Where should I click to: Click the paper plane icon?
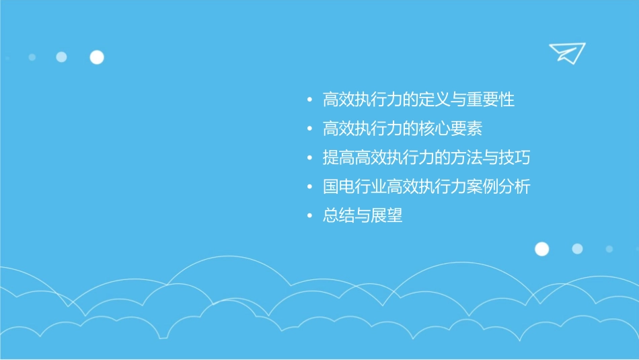566,52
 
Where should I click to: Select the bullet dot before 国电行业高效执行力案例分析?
309,187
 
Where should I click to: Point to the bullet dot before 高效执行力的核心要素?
309,129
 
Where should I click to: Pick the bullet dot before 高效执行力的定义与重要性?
309,100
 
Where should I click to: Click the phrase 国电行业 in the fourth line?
354,187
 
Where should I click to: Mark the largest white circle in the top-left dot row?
97,57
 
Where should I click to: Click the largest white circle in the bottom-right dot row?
541,249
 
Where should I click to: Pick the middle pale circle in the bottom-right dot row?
577,249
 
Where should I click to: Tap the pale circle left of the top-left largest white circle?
61,57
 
